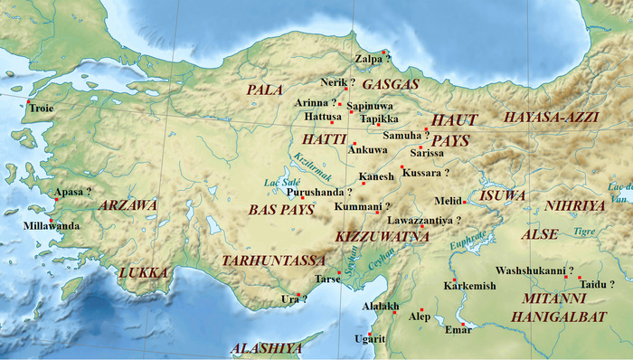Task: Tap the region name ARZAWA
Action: coord(129,206)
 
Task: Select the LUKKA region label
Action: coord(144,271)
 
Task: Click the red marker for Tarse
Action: coord(339,272)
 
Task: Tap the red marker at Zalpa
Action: coord(384,52)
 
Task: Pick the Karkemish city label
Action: coord(470,287)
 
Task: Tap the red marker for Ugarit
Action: coord(370,334)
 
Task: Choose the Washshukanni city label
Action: coord(534,270)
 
